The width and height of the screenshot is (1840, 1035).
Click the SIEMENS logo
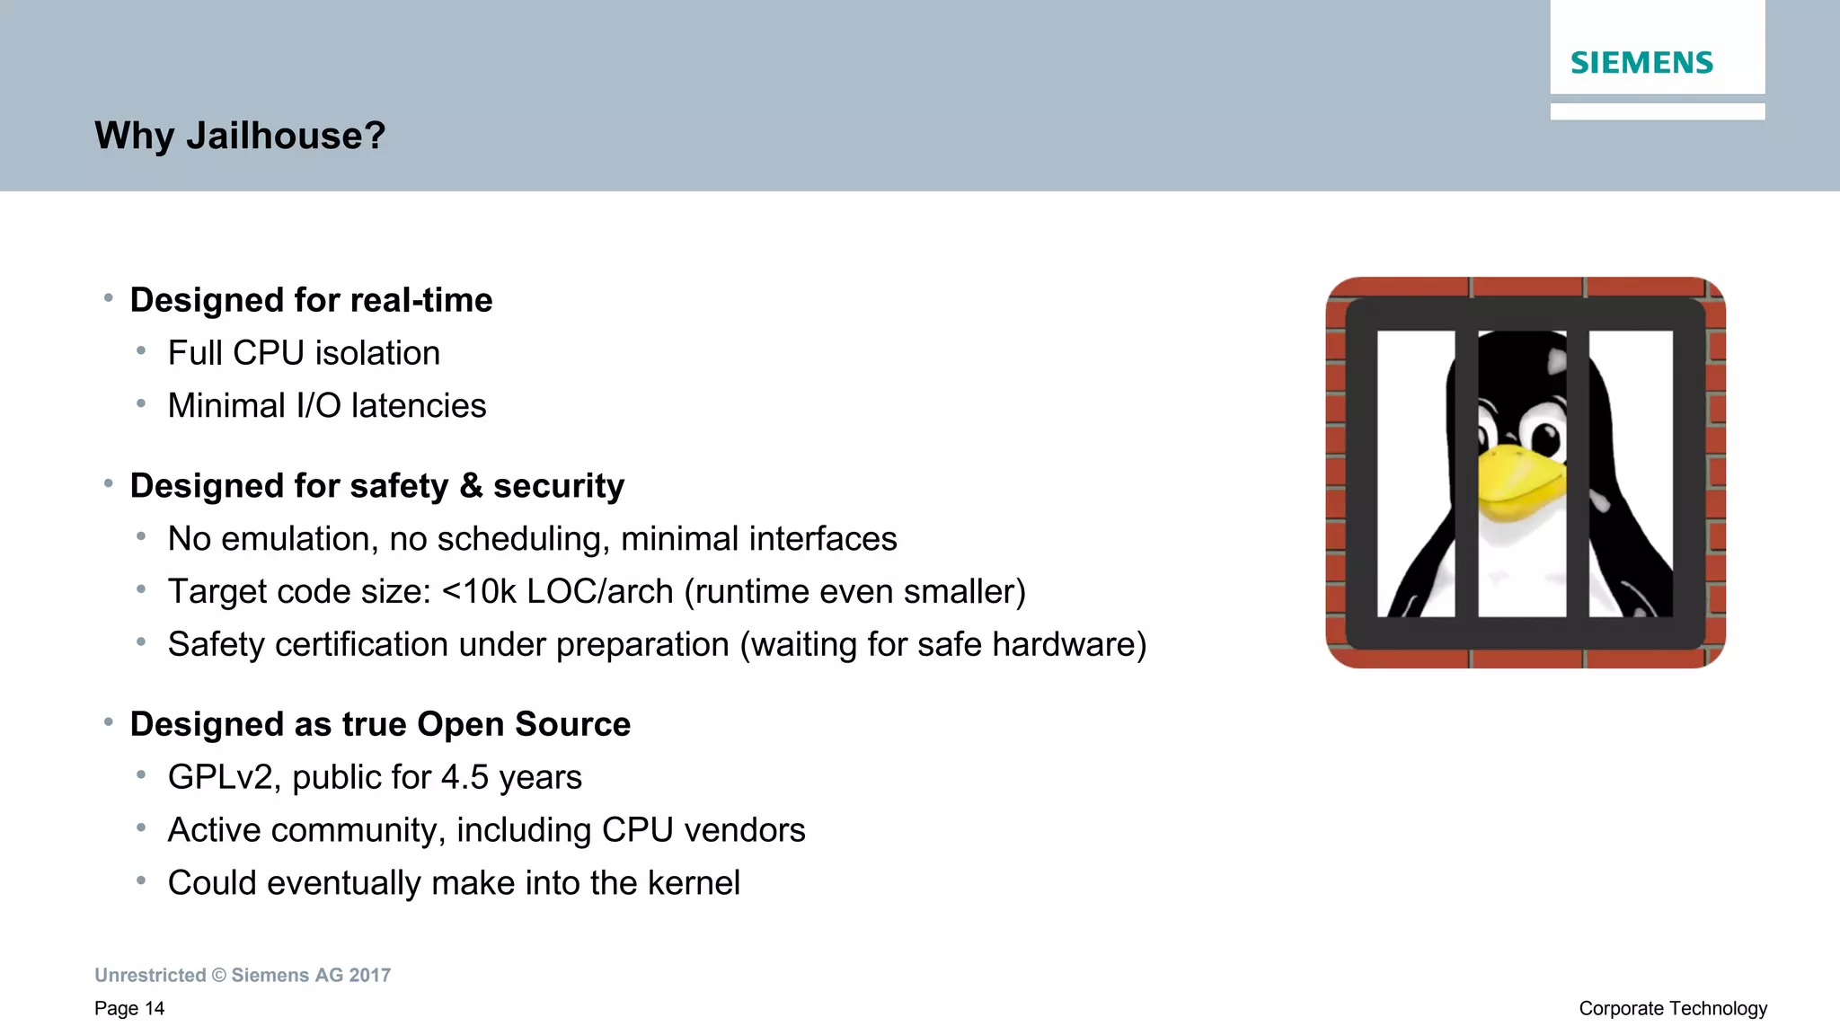click(x=1641, y=63)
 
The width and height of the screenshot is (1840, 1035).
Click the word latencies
click(x=419, y=406)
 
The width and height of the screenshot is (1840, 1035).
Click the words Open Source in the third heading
click(x=524, y=724)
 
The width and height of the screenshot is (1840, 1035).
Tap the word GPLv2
click(x=219, y=777)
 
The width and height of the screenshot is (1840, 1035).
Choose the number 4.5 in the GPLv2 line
click(x=464, y=777)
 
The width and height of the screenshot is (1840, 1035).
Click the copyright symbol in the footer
click(x=219, y=976)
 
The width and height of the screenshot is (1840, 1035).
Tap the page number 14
click(x=155, y=1009)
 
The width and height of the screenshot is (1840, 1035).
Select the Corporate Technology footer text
click(x=1673, y=1009)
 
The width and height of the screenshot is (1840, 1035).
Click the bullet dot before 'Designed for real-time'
click(x=108, y=297)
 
